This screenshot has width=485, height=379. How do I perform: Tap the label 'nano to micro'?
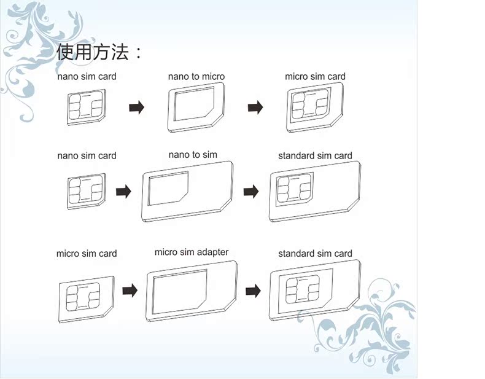[196, 77]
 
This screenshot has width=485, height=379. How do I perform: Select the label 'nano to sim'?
[193, 155]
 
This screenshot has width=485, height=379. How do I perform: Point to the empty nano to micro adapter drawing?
[195, 107]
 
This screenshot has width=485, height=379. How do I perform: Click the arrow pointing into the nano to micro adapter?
[136, 107]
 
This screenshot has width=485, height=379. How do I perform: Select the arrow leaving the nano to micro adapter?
[255, 107]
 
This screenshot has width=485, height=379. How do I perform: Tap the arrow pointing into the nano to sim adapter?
[123, 192]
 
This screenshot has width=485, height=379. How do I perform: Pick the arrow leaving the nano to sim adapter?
[250, 192]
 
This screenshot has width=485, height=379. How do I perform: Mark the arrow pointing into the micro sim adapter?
[130, 290]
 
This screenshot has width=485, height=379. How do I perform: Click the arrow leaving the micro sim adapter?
[253, 290]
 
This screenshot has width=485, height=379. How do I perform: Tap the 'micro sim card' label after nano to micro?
[315, 77]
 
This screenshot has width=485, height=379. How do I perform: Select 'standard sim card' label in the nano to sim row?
[315, 156]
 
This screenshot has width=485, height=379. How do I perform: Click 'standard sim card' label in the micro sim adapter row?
[315, 254]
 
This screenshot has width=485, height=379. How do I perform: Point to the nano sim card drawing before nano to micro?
[87, 107]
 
